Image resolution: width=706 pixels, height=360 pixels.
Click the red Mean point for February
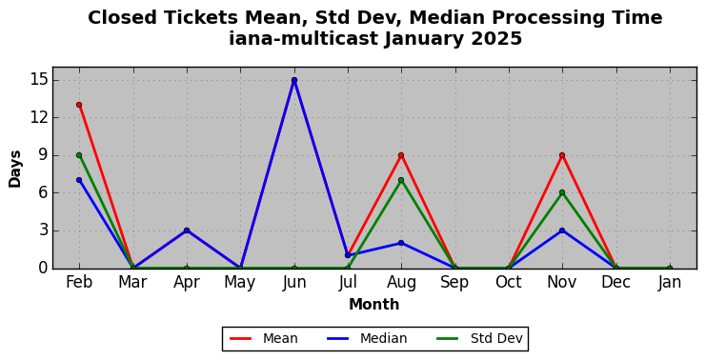(x=79, y=105)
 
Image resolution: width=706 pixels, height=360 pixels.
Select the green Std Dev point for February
(x=79, y=155)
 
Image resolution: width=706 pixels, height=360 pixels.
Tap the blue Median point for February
(x=79, y=180)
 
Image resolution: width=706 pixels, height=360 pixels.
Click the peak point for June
(x=294, y=80)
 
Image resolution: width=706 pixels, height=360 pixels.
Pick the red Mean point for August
(x=401, y=155)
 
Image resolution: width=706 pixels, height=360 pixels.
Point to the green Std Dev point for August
(x=401, y=180)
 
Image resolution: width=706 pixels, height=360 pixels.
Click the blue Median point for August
(x=401, y=243)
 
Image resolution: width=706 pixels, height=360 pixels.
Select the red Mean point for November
(x=562, y=155)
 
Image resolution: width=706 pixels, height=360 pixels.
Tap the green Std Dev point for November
(x=562, y=192)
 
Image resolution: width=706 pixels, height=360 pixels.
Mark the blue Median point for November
(x=562, y=230)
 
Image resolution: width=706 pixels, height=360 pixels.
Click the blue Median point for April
(x=187, y=230)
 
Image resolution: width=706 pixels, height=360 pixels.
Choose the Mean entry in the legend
(x=264, y=338)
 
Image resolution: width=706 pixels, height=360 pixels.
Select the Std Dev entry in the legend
(x=480, y=338)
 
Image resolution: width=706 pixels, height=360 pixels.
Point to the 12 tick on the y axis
(x=39, y=118)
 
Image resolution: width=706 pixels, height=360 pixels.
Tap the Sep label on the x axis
(x=454, y=283)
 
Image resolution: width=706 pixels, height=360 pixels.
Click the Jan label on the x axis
(x=670, y=283)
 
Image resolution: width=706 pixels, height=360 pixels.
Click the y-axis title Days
(x=15, y=169)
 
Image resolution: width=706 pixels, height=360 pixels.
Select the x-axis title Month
(x=374, y=305)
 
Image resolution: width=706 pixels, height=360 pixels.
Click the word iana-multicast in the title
(x=304, y=39)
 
